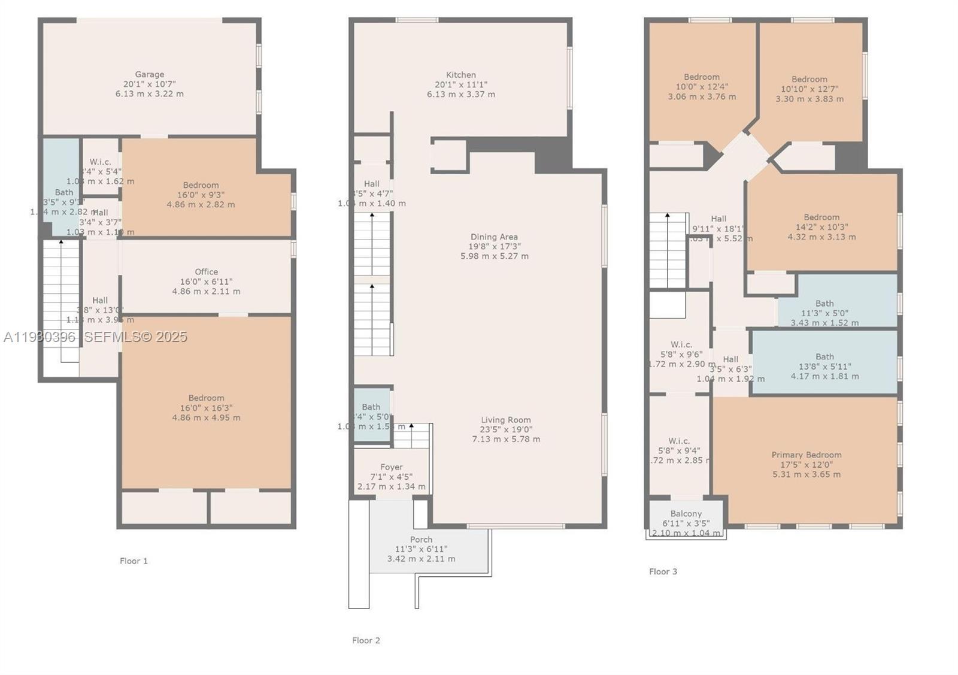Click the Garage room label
(x=149, y=75)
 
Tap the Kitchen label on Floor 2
(x=460, y=75)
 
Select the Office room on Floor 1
(x=206, y=281)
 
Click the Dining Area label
(x=493, y=237)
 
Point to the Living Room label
(x=505, y=420)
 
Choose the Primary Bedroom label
(x=806, y=455)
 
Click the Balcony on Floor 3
(x=686, y=514)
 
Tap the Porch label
(x=421, y=540)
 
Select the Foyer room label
(x=391, y=467)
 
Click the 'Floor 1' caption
(x=134, y=561)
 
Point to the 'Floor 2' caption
(x=366, y=640)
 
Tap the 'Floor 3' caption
(x=663, y=571)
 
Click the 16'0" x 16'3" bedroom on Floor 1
(x=206, y=407)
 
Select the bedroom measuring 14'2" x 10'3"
(x=821, y=227)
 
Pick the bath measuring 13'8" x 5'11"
(x=824, y=366)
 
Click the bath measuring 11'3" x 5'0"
(x=824, y=312)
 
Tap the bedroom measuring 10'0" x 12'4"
(x=702, y=86)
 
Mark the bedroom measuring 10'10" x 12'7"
(x=810, y=89)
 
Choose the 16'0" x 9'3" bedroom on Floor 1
(x=201, y=195)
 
